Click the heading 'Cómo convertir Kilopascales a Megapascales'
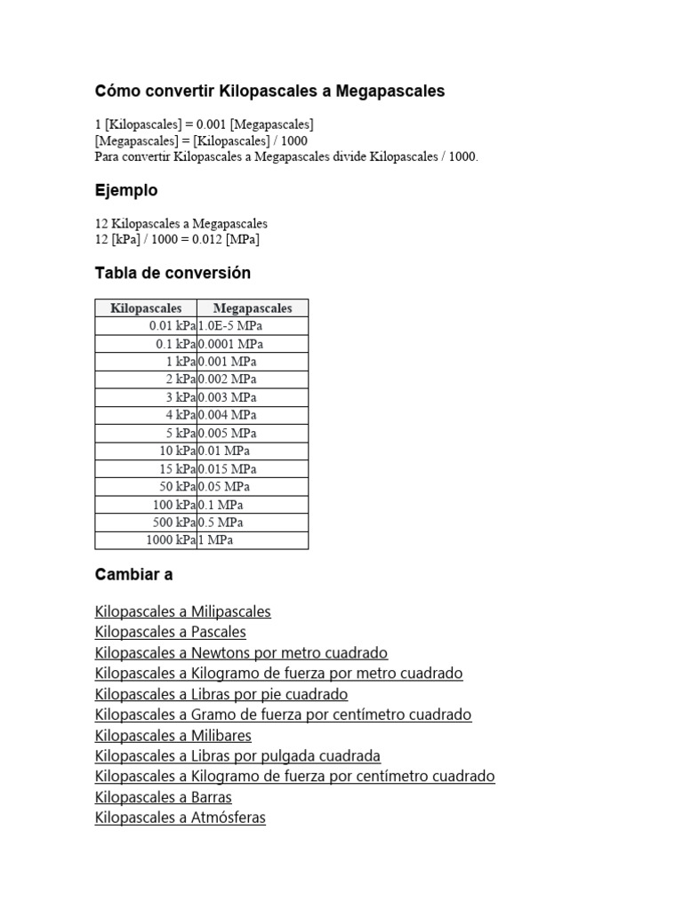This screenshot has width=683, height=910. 269,91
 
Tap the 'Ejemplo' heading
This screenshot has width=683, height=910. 126,190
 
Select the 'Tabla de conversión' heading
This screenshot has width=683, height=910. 173,273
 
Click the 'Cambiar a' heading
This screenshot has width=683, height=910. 133,574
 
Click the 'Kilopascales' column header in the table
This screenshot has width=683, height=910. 146,308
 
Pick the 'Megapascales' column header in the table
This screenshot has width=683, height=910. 253,308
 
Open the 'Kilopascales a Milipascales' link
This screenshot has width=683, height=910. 182,611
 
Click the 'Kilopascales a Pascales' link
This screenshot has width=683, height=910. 170,632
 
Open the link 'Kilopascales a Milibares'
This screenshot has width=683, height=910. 173,735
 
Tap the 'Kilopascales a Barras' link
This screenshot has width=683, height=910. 163,797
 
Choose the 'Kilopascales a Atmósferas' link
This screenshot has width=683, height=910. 180,818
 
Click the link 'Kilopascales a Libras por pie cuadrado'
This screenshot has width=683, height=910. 221,694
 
